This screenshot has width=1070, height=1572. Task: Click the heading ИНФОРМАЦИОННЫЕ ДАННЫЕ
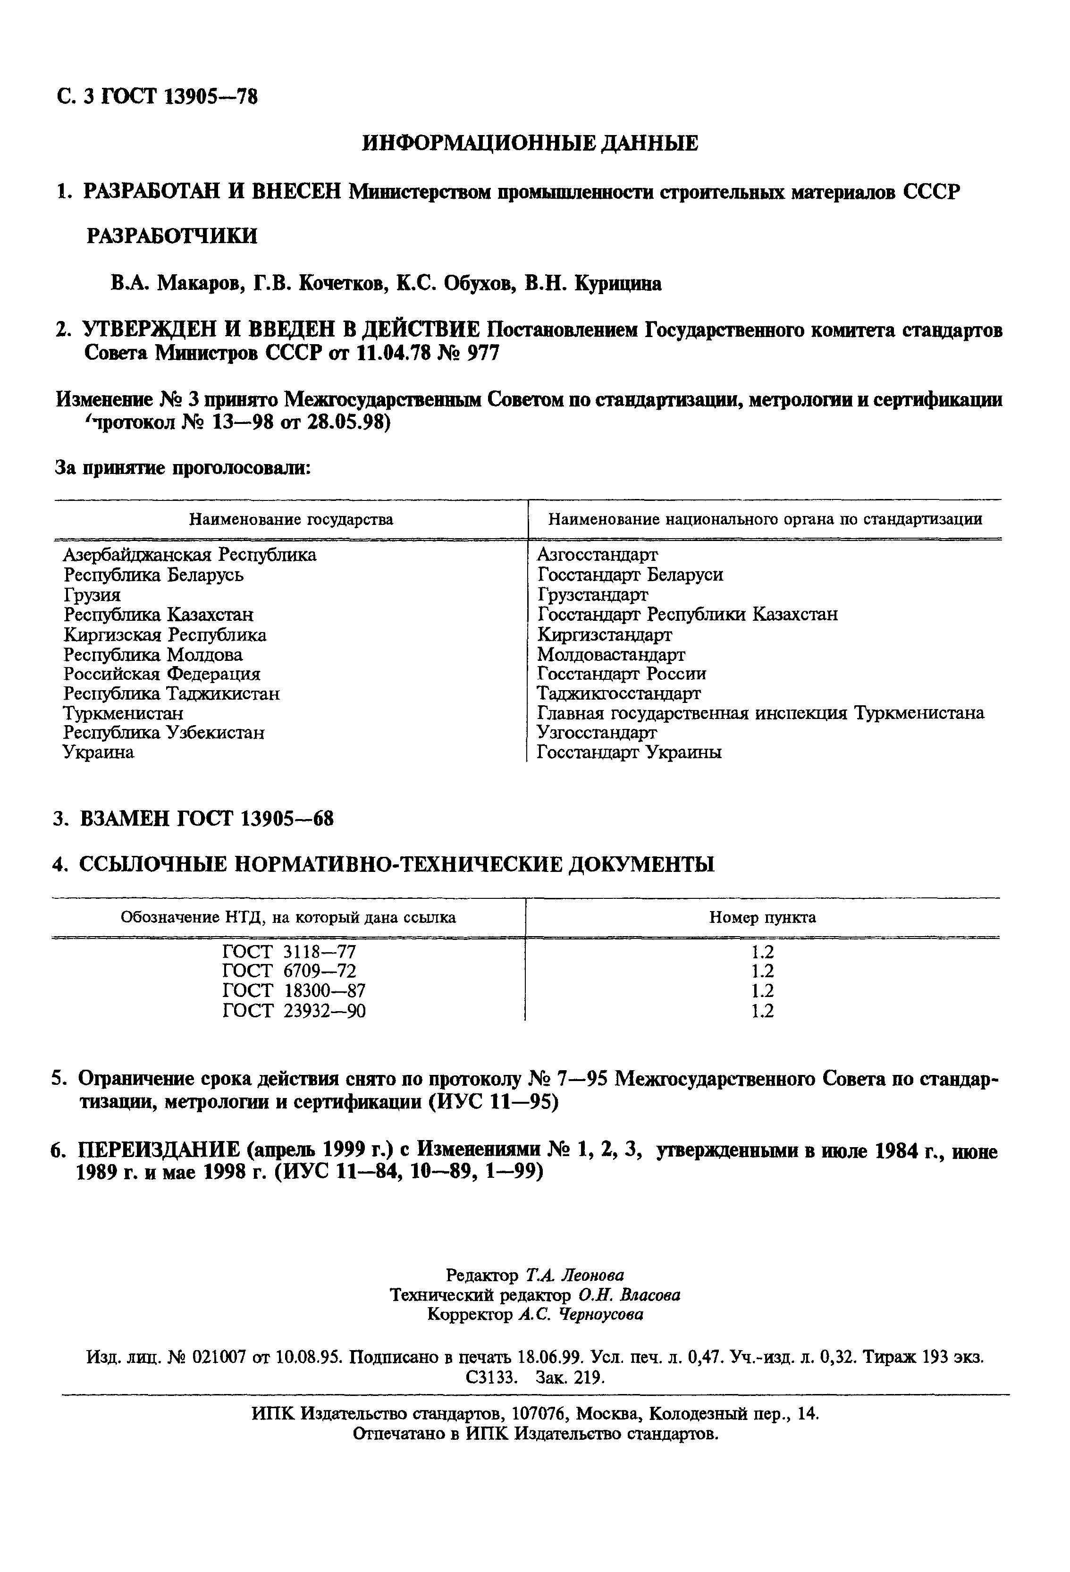tap(530, 144)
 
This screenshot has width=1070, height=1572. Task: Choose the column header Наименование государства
tap(291, 519)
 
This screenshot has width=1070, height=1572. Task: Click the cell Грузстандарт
tap(592, 594)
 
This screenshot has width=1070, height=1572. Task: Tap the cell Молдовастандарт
tap(611, 654)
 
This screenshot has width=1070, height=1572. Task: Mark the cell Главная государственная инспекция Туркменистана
tap(760, 713)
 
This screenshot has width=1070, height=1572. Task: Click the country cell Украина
tap(99, 752)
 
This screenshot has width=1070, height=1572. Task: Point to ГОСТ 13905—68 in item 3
tap(255, 819)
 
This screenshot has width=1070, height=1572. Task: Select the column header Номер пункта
tap(762, 917)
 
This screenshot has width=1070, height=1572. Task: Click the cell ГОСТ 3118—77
tap(289, 952)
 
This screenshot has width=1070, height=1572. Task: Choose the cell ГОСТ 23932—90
tap(294, 1011)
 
